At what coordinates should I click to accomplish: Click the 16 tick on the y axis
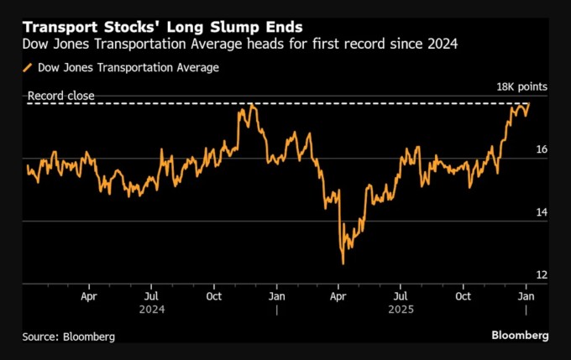[x=542, y=150]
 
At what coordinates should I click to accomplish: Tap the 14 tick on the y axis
[x=542, y=213]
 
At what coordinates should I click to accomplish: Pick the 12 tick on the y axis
[x=542, y=276]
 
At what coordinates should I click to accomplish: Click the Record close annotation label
[x=61, y=97]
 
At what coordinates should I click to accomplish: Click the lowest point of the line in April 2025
[x=343, y=263]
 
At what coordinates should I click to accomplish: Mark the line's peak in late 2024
[x=250, y=104]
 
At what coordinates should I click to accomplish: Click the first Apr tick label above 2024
[x=90, y=296]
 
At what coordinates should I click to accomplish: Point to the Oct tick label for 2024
[x=214, y=296]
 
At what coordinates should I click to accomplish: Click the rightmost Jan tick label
[x=526, y=296]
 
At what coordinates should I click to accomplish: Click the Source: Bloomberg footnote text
[x=69, y=336]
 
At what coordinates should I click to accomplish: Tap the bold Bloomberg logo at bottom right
[x=520, y=335]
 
